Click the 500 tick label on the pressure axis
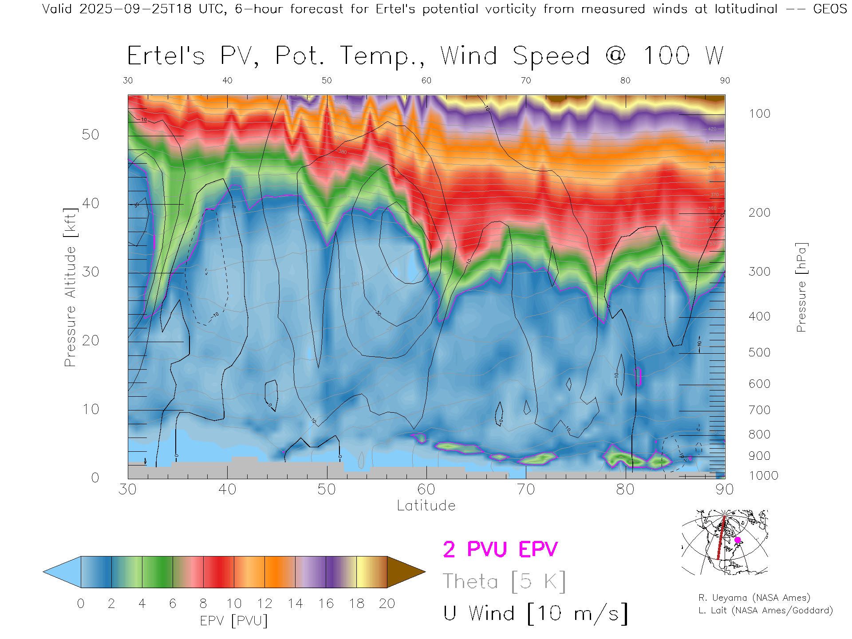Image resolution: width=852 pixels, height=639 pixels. [x=759, y=352]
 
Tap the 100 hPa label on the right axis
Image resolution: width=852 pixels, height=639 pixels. [x=759, y=114]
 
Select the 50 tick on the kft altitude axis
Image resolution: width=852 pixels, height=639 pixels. [x=90, y=134]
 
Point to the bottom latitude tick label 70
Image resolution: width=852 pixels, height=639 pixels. [x=525, y=489]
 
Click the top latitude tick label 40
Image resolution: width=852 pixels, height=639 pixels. [x=227, y=80]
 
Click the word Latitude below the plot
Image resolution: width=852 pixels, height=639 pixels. [x=426, y=506]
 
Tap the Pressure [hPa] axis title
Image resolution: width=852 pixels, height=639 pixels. [x=801, y=287]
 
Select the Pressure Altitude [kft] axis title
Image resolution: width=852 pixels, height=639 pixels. [x=70, y=287]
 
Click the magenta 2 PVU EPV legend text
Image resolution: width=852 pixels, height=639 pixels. [x=500, y=549]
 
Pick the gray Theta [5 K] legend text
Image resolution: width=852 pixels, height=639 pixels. [x=504, y=581]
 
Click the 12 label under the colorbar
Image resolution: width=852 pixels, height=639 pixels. [x=264, y=603]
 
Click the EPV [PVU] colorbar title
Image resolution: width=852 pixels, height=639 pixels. [x=234, y=621]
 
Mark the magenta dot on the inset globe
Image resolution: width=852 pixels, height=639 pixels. [x=738, y=540]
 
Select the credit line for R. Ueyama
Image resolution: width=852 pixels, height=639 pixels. [x=754, y=598]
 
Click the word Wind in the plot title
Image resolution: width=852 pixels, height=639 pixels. [x=469, y=56]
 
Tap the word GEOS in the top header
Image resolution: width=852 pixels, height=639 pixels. [x=830, y=9]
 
